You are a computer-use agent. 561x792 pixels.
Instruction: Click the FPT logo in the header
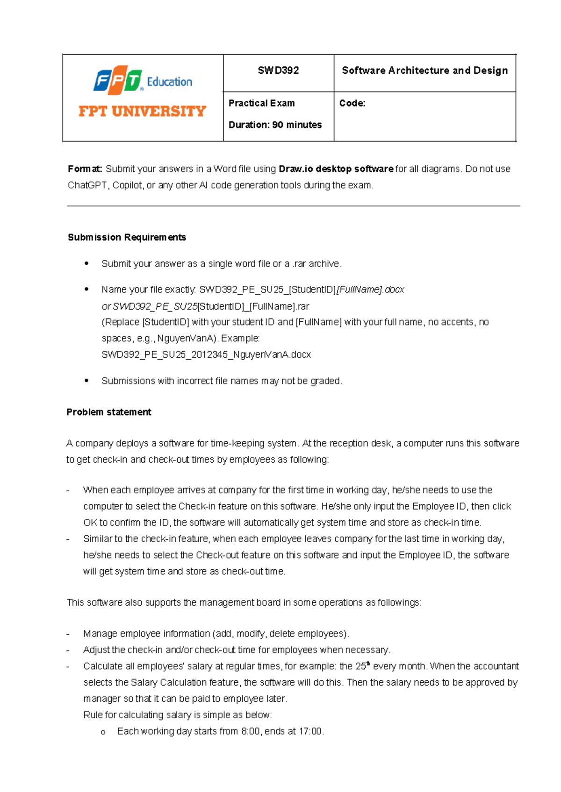pyautogui.click(x=118, y=80)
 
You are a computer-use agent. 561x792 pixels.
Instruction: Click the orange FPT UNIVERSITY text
pyautogui.click(x=142, y=111)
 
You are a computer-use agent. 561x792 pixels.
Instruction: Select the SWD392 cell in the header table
pyautogui.click(x=278, y=71)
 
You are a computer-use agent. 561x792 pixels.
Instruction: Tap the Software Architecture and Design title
pyautogui.click(x=424, y=71)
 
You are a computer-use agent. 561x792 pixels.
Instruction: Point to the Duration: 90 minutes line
pyautogui.click(x=275, y=125)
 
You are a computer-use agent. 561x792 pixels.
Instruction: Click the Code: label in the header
pyautogui.click(x=352, y=103)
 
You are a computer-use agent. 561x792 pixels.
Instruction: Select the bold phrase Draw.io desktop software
pyautogui.click(x=336, y=169)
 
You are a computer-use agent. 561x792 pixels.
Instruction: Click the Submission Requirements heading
pyautogui.click(x=127, y=237)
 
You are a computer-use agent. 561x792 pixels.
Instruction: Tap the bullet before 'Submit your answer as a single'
pyautogui.click(x=86, y=263)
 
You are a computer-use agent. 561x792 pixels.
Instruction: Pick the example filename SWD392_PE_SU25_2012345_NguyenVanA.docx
pyautogui.click(x=206, y=354)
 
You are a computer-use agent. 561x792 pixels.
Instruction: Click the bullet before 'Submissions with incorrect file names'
pyautogui.click(x=86, y=381)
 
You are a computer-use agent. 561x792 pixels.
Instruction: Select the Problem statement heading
pyautogui.click(x=108, y=412)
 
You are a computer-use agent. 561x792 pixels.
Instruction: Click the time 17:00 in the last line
pyautogui.click(x=310, y=731)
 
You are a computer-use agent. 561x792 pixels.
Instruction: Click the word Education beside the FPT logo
pyautogui.click(x=169, y=82)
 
